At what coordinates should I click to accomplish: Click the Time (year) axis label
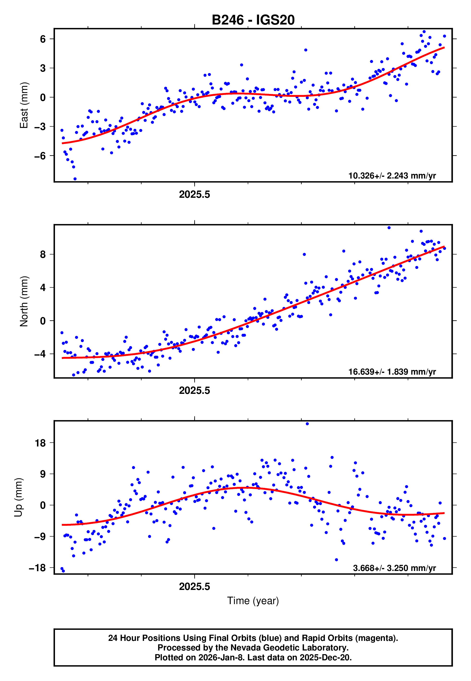point(253,601)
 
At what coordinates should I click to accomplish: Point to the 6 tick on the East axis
point(43,39)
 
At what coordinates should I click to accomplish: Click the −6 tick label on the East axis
point(40,156)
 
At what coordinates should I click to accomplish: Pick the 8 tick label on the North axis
point(43,254)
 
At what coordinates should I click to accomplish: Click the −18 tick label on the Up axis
point(37,568)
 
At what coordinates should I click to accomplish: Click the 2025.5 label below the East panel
point(194,195)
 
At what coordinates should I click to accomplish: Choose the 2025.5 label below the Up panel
point(194,587)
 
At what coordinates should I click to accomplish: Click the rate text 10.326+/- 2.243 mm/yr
point(392,176)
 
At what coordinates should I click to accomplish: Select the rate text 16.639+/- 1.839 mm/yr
point(392,372)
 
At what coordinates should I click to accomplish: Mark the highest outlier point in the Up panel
point(307,424)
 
